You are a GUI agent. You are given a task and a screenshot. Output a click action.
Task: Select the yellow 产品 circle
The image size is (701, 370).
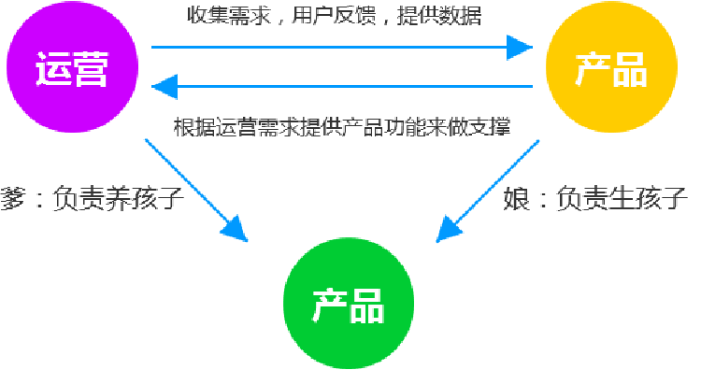(610, 68)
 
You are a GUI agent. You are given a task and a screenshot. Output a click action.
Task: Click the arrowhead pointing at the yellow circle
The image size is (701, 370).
(519, 45)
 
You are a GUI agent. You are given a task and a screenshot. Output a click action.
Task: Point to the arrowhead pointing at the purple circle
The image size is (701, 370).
(165, 88)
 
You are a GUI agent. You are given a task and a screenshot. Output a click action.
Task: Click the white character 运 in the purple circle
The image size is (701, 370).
(52, 69)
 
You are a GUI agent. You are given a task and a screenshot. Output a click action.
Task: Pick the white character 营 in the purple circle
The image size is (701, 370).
(91, 69)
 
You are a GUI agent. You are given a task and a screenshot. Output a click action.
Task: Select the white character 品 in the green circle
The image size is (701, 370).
(367, 306)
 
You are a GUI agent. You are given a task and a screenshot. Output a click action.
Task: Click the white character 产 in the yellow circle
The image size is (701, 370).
(592, 69)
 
